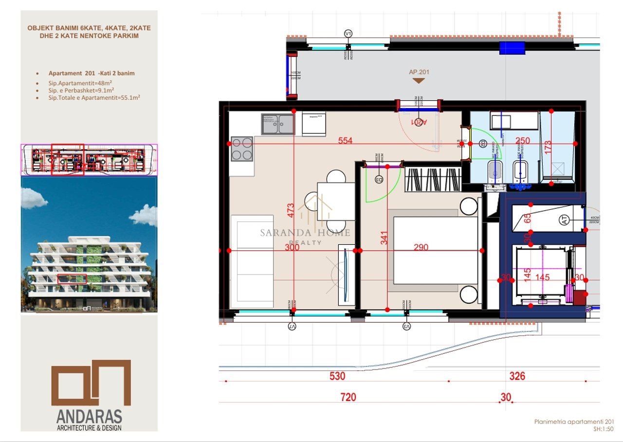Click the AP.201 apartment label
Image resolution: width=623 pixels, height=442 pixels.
coord(419,72)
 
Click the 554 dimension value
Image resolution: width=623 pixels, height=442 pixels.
coord(345,141)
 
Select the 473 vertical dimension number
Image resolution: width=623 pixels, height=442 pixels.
coord(291,210)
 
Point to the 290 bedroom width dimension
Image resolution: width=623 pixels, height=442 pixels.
coord(421,247)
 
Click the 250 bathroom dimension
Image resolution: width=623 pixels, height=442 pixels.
coord(522,141)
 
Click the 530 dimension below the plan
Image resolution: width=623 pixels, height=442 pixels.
coord(337,376)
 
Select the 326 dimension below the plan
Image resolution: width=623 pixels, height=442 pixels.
coord(517,376)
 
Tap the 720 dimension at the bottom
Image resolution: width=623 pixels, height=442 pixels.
coord(348,398)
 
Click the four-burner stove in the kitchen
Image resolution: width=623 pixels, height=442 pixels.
coord(242,148)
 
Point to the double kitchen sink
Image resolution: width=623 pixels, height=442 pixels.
coord(278,124)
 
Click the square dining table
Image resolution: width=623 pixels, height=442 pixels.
coord(336,201)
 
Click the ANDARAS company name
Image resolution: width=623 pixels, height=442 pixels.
coord(89,417)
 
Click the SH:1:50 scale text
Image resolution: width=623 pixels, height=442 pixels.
coord(604,429)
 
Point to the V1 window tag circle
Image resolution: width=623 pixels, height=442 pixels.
coord(348,34)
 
